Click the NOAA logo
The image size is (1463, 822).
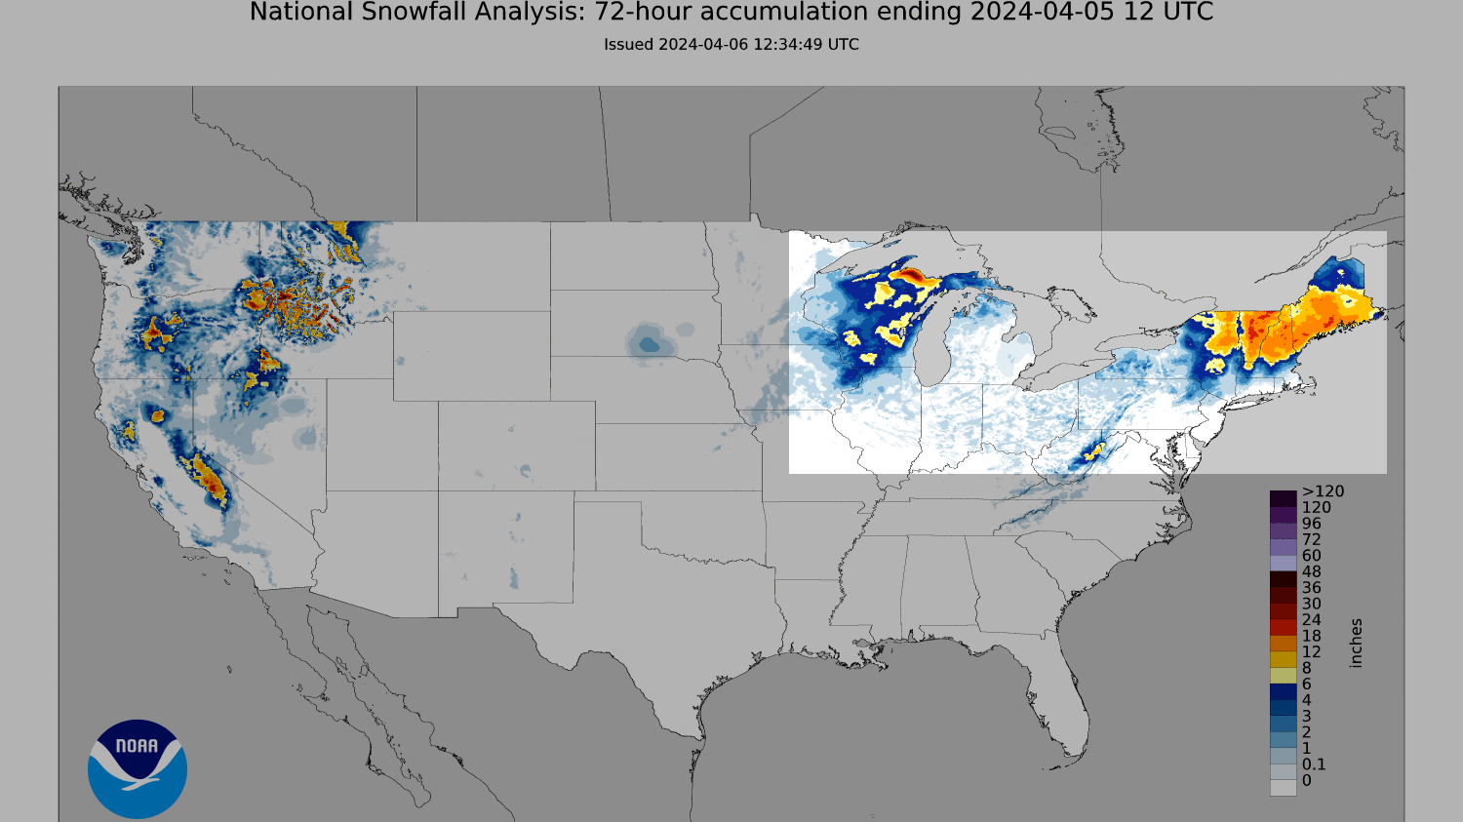(x=137, y=768)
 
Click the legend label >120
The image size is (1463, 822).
(x=1322, y=491)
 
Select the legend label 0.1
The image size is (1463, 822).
(x=1313, y=764)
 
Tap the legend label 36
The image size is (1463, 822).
(x=1311, y=588)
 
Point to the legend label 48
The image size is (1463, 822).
(x=1311, y=571)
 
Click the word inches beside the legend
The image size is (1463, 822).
(x=1356, y=643)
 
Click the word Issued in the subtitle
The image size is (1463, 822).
(x=628, y=44)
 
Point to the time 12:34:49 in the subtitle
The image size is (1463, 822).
(x=787, y=44)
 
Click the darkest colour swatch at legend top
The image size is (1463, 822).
(x=1283, y=498)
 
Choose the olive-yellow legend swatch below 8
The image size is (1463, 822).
(x=1283, y=675)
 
